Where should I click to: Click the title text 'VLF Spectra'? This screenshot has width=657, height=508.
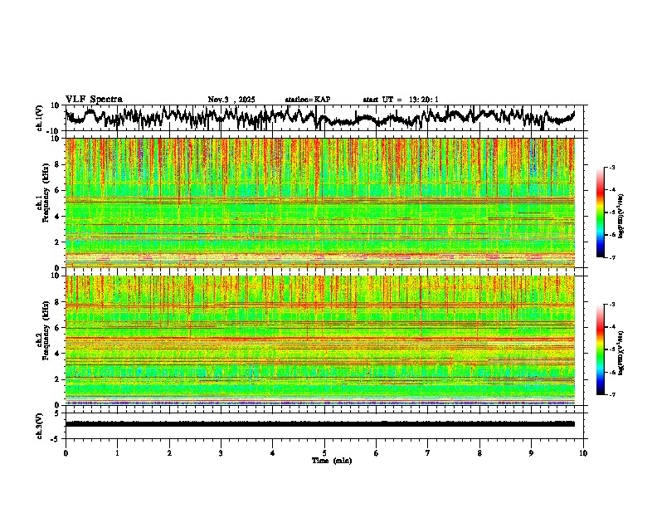(x=94, y=99)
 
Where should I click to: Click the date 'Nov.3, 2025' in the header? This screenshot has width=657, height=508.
(x=231, y=100)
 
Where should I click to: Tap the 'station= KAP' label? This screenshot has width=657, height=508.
(x=308, y=100)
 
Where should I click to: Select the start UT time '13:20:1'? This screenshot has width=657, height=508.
(x=422, y=100)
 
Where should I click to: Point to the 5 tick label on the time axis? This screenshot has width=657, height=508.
(x=324, y=452)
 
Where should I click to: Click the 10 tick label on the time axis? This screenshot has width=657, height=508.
(x=583, y=452)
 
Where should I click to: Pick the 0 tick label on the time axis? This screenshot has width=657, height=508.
(x=66, y=452)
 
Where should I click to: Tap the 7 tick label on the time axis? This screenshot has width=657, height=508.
(x=428, y=452)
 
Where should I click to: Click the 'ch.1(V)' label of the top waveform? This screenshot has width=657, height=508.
(x=39, y=119)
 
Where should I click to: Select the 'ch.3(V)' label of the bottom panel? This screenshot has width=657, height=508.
(x=39, y=424)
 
